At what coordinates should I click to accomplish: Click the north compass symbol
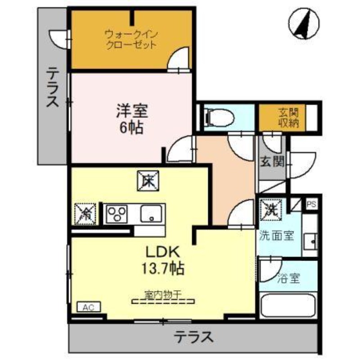(304, 24)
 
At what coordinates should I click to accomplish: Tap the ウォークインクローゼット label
(131, 40)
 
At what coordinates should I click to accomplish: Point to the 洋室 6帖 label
(132, 119)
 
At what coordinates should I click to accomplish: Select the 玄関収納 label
(288, 118)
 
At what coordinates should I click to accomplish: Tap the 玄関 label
(272, 161)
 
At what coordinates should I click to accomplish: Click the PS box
(311, 204)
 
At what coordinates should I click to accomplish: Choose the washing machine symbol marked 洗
(271, 209)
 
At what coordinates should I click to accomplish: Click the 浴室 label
(288, 278)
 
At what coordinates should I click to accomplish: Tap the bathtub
(288, 305)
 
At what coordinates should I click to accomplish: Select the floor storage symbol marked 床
(148, 181)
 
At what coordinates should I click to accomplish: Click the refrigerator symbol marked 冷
(85, 214)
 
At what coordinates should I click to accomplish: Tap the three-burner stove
(117, 214)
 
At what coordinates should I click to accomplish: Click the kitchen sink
(151, 213)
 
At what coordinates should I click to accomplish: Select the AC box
(89, 307)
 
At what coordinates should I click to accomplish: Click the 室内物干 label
(163, 295)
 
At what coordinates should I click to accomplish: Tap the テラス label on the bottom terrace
(193, 337)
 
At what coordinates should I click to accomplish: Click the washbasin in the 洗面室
(310, 242)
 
